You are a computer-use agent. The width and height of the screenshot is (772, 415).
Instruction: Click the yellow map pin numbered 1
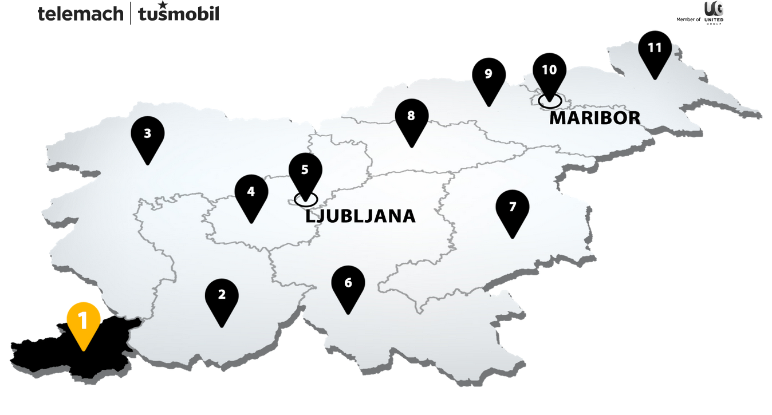pyautogui.click(x=84, y=322)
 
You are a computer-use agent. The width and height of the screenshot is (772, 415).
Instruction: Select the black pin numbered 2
pyautogui.click(x=222, y=296)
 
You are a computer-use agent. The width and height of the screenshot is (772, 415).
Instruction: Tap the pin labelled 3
pyautogui.click(x=148, y=135)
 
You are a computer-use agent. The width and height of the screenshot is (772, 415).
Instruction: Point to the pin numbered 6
pyautogui.click(x=348, y=283)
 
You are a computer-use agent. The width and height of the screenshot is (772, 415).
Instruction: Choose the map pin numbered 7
pyautogui.click(x=513, y=207)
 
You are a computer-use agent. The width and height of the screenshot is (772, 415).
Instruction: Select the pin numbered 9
pyautogui.click(x=489, y=75)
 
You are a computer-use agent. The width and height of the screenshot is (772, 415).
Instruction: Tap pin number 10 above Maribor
pyautogui.click(x=549, y=70)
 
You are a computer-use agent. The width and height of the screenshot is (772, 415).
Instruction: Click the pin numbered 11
pyautogui.click(x=655, y=48)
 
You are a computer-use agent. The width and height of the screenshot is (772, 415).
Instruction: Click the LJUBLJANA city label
pyautogui.click(x=360, y=216)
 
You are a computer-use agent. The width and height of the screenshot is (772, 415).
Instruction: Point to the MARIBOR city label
pyautogui.click(x=594, y=118)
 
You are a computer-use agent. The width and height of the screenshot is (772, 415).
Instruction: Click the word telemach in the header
pyautogui.click(x=80, y=13)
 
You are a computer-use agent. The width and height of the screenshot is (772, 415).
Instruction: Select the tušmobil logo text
pyautogui.click(x=179, y=14)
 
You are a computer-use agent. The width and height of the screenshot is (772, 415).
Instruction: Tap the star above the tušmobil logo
pyautogui.click(x=163, y=5)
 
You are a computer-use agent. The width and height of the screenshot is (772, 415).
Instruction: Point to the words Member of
pyautogui.click(x=688, y=19)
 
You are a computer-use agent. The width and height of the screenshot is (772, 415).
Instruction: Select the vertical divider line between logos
pyautogui.click(x=131, y=13)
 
